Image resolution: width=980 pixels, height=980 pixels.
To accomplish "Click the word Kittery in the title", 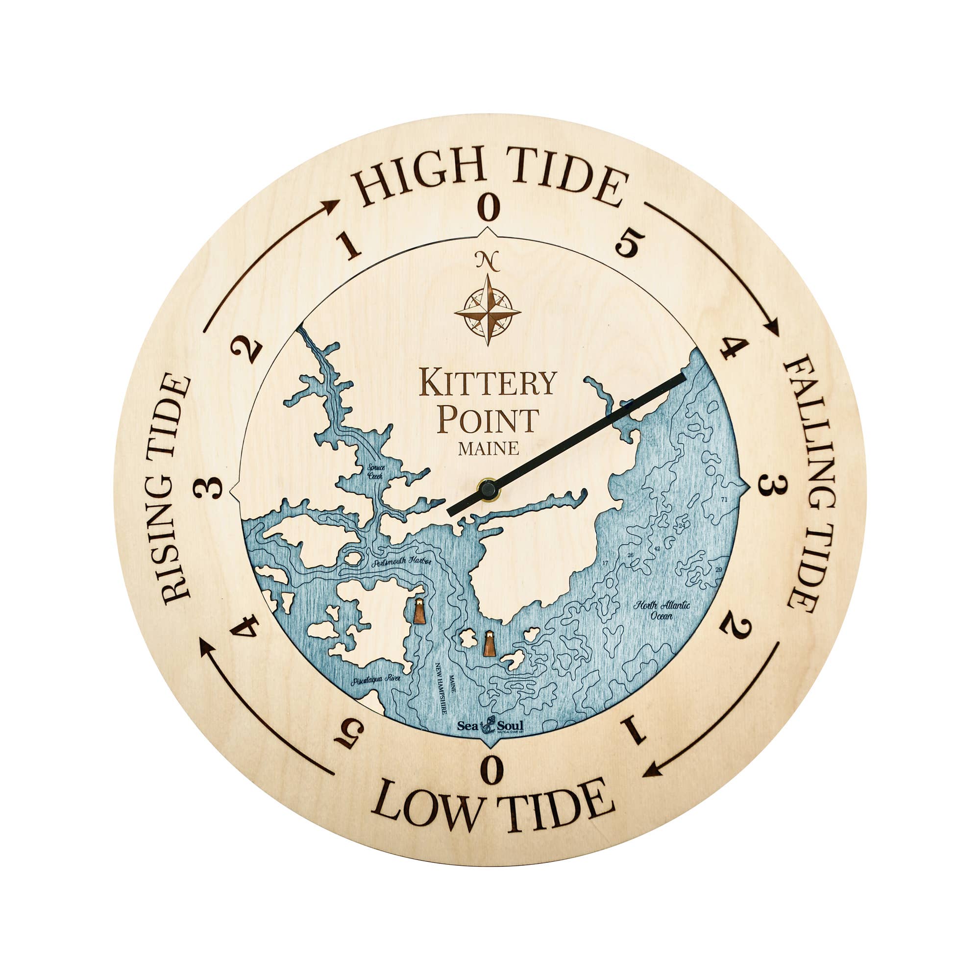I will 488,383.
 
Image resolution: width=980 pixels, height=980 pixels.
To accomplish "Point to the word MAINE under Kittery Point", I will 488,448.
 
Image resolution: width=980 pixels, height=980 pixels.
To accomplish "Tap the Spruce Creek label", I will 376,472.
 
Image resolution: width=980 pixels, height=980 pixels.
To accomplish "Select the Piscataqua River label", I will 375,679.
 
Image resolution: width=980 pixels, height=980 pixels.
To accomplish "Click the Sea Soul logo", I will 490,725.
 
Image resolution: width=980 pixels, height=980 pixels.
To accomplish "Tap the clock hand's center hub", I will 488,490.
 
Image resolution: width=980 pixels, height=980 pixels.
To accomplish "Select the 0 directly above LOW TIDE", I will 491,770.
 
